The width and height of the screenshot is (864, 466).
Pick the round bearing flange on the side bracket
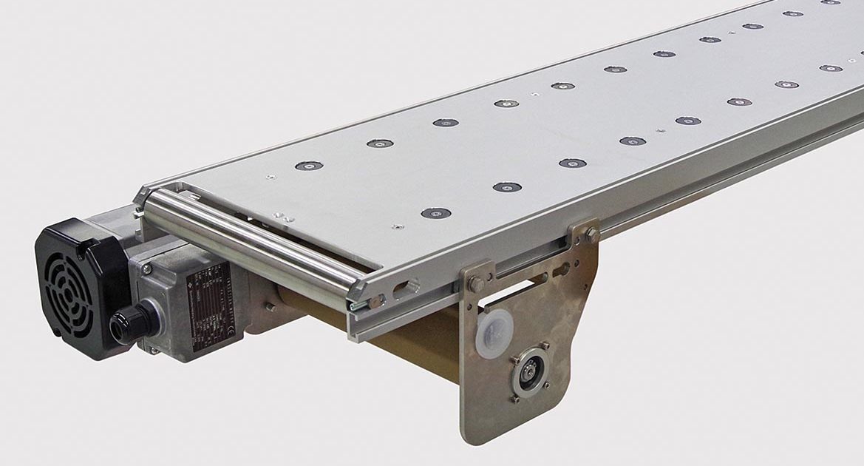coord(529,373)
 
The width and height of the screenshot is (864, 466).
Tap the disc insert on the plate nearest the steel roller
coord(436,213)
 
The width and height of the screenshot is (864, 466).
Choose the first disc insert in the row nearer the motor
coord(309,166)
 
